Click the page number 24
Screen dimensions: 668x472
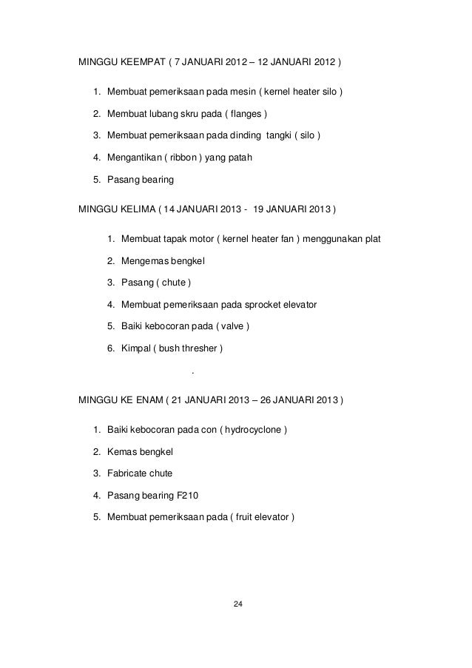click(x=237, y=606)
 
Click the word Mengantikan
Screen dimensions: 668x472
click(x=135, y=158)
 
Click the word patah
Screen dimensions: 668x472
click(x=240, y=158)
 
